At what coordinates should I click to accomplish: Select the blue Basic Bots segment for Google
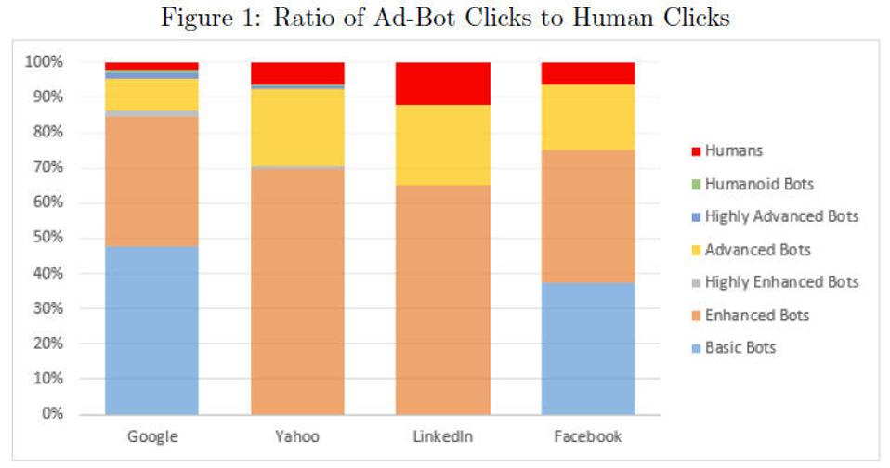pos(151,330)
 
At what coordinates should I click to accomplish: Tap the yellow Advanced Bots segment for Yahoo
pos(297,127)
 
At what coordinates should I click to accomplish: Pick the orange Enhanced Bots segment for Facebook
pos(588,215)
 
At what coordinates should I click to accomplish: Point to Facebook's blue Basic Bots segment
pos(588,348)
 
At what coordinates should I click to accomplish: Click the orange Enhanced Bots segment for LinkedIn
pos(443,299)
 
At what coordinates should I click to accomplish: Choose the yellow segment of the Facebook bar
pos(588,117)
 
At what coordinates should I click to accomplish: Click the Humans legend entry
pos(734,150)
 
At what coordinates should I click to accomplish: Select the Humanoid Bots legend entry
pos(759,184)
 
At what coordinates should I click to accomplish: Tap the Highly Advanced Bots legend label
pos(781,216)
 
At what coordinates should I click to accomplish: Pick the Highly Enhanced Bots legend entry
pos(781,282)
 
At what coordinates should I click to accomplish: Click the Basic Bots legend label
pos(740,348)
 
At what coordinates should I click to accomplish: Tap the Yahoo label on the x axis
pos(297,436)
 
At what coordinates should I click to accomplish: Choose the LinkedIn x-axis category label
pos(443,436)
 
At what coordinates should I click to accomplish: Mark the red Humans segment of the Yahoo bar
pos(297,73)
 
